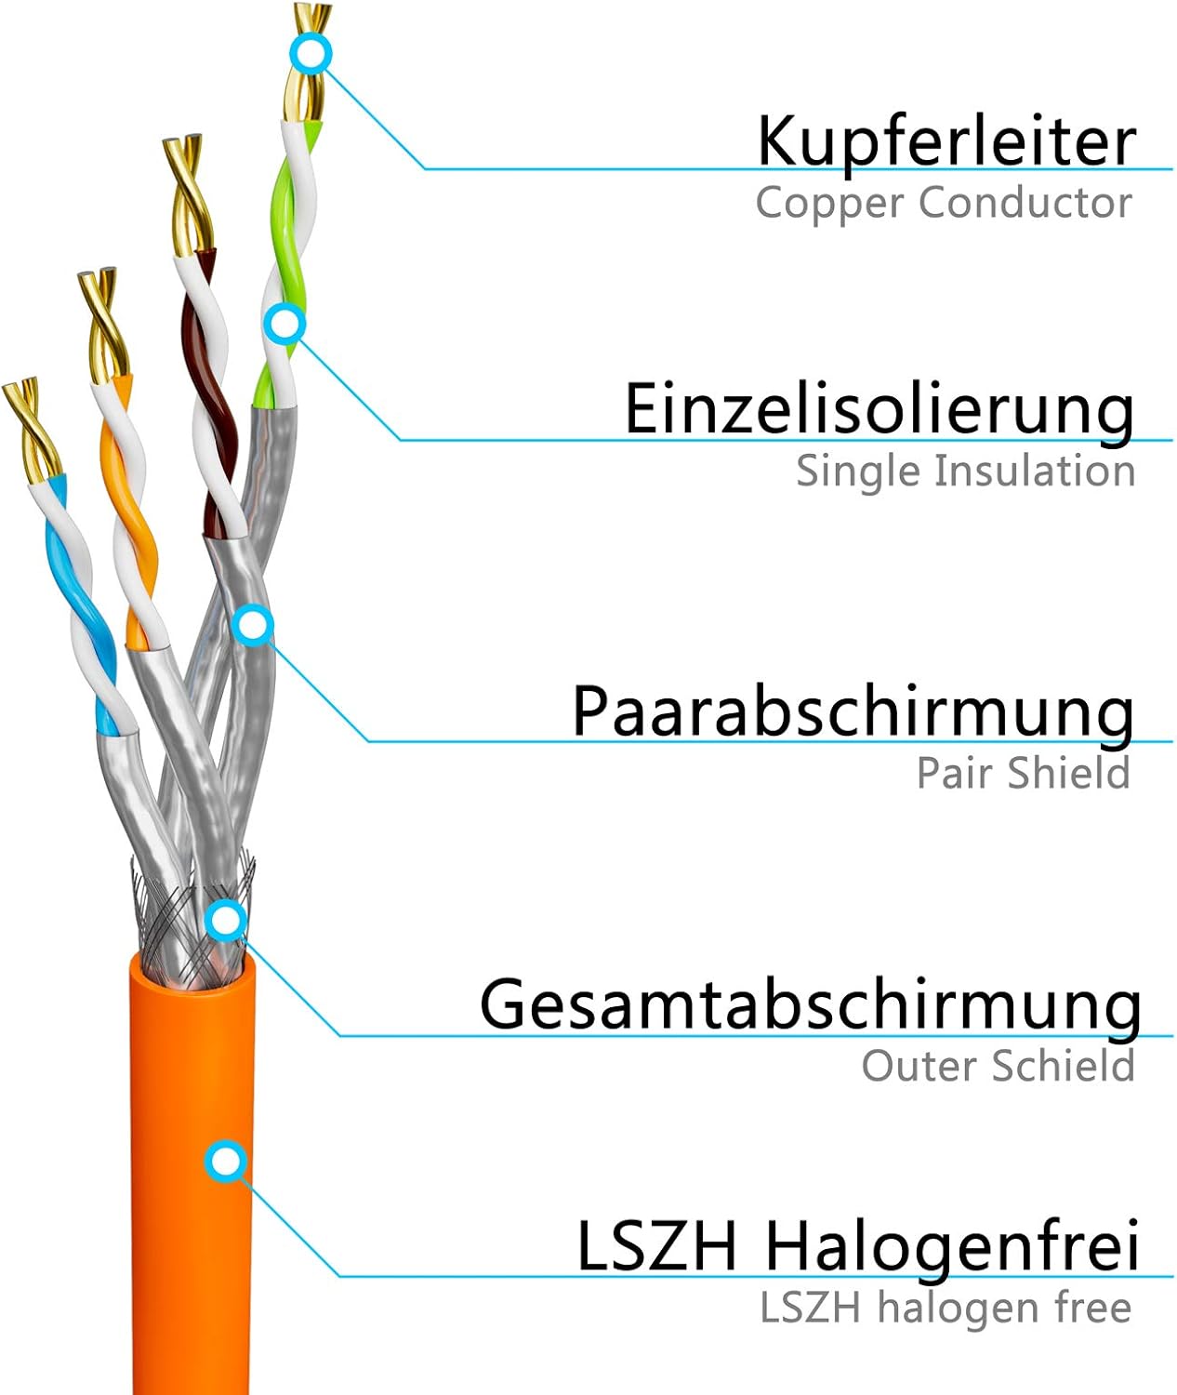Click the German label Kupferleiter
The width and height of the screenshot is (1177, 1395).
click(946, 143)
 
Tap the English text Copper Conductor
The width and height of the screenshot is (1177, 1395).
click(944, 203)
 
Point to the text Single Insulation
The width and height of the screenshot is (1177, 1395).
click(965, 471)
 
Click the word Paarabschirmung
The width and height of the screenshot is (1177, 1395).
click(853, 712)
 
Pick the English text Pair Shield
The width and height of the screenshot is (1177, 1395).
click(1023, 772)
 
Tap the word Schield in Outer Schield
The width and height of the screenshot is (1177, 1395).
click(1065, 1065)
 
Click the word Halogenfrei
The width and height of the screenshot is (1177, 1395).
click(952, 1246)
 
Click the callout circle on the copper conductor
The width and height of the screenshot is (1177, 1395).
click(311, 54)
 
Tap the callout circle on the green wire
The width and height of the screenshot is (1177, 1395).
click(284, 325)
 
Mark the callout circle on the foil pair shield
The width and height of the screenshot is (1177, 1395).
click(253, 625)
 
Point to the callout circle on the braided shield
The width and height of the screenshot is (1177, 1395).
click(227, 920)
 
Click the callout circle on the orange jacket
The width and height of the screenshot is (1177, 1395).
click(227, 1162)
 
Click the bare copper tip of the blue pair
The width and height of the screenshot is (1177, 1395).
click(32, 429)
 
